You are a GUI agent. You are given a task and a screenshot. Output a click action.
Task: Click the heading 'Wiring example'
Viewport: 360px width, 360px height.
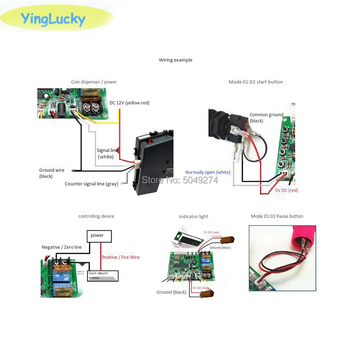(x=175, y=60)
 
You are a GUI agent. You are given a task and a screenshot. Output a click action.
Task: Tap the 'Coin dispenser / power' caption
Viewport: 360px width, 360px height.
(x=94, y=82)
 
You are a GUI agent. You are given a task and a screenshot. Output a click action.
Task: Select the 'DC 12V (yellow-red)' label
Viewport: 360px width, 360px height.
(x=129, y=103)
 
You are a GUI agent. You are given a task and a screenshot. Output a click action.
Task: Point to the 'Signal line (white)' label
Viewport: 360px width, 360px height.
(x=107, y=153)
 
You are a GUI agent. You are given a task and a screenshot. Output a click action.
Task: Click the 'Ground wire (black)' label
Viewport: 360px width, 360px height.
(x=52, y=173)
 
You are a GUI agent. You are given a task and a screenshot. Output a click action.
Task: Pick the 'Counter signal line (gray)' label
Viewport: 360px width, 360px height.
(x=91, y=184)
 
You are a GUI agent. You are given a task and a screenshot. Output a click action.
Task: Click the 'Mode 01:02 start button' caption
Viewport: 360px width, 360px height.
(x=256, y=82)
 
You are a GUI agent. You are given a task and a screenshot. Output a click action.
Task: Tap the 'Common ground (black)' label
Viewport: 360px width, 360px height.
(x=266, y=118)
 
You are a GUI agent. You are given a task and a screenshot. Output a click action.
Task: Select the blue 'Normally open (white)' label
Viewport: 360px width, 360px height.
(x=208, y=172)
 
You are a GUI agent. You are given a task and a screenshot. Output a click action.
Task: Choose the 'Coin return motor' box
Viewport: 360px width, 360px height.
(x=103, y=276)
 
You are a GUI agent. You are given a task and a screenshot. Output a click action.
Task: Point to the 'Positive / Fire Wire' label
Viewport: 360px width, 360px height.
(x=121, y=257)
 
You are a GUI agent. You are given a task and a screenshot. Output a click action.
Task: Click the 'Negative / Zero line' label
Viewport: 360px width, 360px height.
(x=62, y=247)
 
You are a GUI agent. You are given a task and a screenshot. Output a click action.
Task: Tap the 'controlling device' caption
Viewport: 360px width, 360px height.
(x=96, y=216)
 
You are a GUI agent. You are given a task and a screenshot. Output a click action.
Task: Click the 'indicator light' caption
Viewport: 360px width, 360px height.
(x=194, y=216)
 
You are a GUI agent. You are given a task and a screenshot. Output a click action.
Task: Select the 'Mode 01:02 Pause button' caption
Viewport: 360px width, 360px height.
(x=277, y=216)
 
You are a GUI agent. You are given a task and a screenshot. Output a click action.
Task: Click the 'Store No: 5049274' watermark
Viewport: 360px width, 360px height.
(x=180, y=180)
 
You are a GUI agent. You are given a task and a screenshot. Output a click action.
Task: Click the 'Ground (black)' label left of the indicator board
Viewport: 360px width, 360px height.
(x=171, y=292)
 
